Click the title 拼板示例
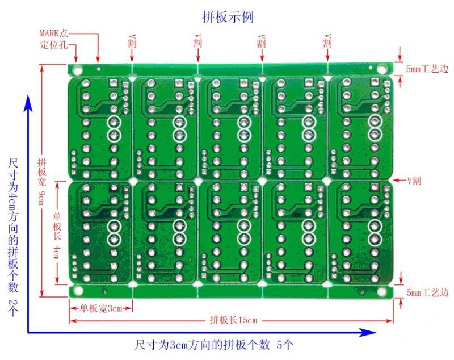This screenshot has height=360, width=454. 228,16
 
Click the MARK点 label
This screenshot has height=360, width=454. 54,33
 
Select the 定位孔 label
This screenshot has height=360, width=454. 54,45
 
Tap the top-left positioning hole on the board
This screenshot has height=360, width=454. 77,70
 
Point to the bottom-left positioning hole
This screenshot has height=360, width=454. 78,291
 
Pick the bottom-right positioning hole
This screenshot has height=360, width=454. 381,291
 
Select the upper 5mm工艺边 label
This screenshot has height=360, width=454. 427,69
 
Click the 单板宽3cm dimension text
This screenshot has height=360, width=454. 101,308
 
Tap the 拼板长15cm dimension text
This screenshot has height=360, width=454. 233,320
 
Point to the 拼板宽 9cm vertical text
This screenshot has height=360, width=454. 42,182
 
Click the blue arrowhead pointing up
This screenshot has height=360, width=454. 28,103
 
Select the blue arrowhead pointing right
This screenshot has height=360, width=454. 367,332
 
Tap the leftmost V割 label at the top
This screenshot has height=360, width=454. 132,41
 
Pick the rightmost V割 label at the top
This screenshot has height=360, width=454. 327,41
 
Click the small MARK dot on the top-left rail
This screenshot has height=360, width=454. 99,69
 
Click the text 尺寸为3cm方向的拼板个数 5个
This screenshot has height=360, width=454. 214,345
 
